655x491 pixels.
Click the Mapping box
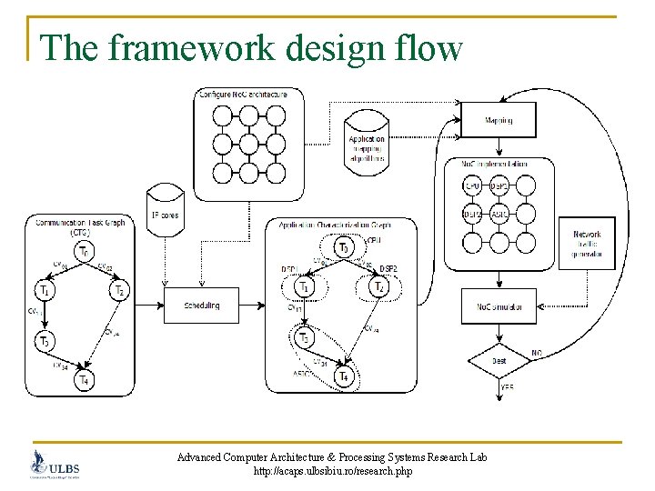499,119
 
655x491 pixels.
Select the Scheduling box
202,306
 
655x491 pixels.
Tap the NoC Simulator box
499,307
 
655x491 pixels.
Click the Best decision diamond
499,360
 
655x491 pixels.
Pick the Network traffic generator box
587,244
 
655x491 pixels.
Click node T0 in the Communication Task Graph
84,252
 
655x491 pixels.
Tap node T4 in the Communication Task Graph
84,380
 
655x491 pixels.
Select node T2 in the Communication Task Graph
119,291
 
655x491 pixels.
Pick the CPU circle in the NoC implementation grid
472,186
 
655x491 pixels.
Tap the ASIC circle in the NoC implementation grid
499,214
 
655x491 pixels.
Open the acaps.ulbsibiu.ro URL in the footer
333,472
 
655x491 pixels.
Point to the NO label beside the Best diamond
537,352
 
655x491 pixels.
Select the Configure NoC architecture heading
244,95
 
